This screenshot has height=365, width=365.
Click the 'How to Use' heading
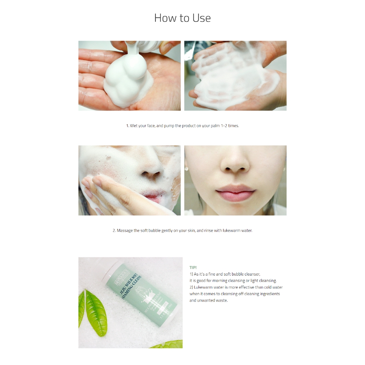[x=182, y=18]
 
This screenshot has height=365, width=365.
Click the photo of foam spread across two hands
[x=235, y=76]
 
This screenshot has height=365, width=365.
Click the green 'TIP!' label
[x=193, y=267]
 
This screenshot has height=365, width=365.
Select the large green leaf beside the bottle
[x=96, y=312]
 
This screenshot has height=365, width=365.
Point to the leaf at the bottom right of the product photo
[x=168, y=345]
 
